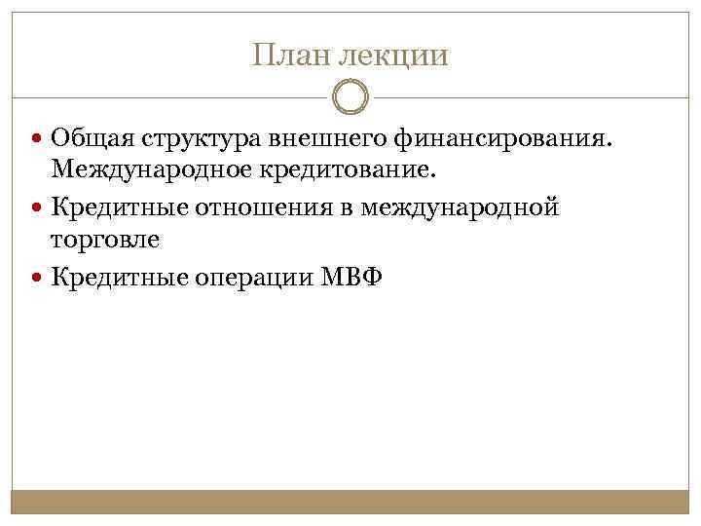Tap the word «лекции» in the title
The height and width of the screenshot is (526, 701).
click(394, 56)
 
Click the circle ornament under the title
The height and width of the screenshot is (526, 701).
click(350, 99)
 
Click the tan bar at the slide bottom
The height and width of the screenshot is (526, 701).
click(350, 502)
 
